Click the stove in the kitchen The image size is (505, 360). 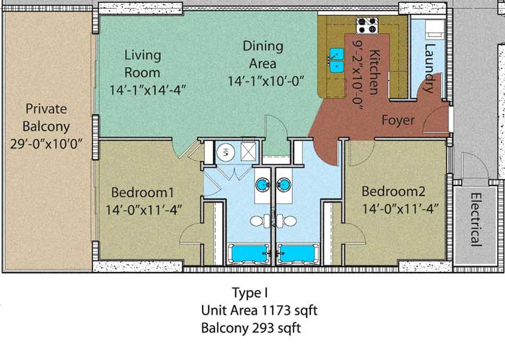[x=366, y=25]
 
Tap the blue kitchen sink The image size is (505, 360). [x=337, y=61]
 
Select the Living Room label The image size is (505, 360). [x=142, y=63]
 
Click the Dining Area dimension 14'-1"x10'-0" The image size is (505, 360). [x=266, y=81]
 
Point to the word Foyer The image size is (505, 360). [x=398, y=120]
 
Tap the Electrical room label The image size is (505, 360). [x=476, y=219]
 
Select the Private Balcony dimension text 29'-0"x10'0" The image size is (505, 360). [x=46, y=144]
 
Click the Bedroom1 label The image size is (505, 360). [x=142, y=193]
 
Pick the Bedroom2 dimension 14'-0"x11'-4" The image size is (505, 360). [x=400, y=209]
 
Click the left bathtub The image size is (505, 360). [x=249, y=254]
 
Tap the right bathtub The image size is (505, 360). [x=298, y=254]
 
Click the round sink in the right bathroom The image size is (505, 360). [x=284, y=185]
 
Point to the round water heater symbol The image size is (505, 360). [x=226, y=152]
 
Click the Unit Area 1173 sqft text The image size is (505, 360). [x=259, y=310]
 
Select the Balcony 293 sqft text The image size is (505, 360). [x=251, y=328]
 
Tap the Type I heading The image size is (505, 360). [x=250, y=293]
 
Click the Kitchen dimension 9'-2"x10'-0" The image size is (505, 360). [x=358, y=75]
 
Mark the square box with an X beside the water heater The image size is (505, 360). [x=249, y=152]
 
